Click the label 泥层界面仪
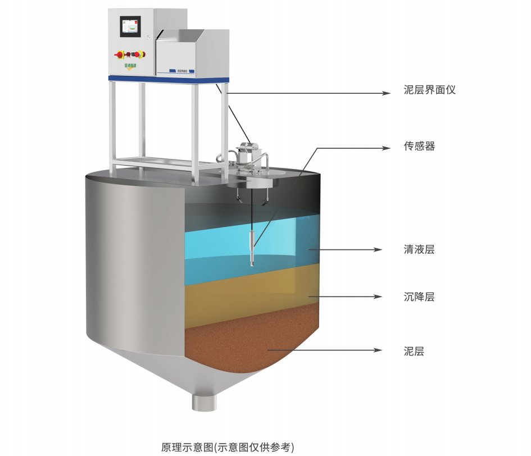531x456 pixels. click(x=429, y=90)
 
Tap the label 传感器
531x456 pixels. click(x=419, y=147)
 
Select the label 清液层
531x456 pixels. click(x=419, y=249)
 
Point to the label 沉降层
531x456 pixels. click(x=419, y=297)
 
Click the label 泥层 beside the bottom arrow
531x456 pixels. click(x=414, y=352)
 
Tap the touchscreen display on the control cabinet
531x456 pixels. click(x=130, y=29)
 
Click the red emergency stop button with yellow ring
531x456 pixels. click(x=120, y=55)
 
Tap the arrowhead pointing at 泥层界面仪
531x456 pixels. click(x=386, y=93)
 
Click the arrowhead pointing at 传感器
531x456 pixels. click(x=386, y=148)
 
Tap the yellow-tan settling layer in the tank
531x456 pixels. click(x=247, y=292)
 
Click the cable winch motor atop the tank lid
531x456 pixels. click(x=248, y=153)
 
